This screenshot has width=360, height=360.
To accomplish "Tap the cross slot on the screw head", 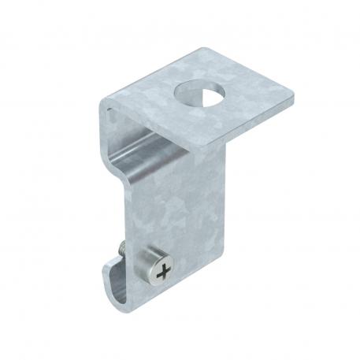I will point(163,275).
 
